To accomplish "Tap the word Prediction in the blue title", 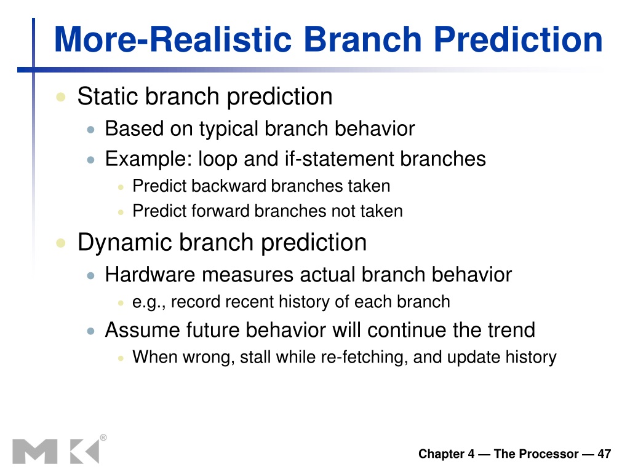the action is point(517,39).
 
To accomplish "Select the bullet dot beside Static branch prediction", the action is point(61,96).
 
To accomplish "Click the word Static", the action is point(108,96).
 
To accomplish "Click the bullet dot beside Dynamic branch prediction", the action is point(61,243).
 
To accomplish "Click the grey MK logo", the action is point(56,452).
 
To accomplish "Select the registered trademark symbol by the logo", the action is point(103,438).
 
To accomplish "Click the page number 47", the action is point(604,454).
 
